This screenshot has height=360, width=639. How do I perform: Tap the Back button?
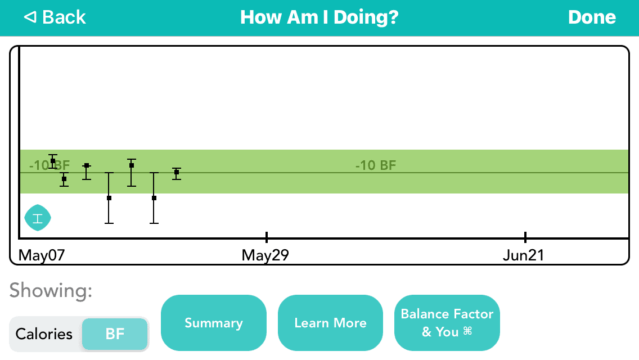(x=55, y=17)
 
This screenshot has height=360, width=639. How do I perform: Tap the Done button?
(x=592, y=17)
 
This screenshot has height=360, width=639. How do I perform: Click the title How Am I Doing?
(x=319, y=17)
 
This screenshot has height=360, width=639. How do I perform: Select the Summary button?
(x=214, y=323)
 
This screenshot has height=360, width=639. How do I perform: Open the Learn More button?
(x=331, y=323)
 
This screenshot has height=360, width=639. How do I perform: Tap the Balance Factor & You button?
(x=447, y=323)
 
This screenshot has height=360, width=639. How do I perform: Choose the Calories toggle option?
(x=44, y=334)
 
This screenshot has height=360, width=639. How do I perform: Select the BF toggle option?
(x=115, y=334)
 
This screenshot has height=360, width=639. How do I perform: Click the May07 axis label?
(x=42, y=255)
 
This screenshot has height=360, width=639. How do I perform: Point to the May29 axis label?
(x=265, y=255)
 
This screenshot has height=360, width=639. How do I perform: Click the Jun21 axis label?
(x=523, y=255)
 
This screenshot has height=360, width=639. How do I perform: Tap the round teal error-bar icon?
(x=38, y=218)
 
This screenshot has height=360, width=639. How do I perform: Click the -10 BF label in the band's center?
(x=376, y=165)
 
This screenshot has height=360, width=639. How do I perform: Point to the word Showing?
(x=51, y=290)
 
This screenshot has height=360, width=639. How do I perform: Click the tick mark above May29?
(x=267, y=236)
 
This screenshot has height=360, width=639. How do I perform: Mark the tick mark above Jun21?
(x=525, y=236)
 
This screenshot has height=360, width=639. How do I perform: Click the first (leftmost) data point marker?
(x=53, y=161)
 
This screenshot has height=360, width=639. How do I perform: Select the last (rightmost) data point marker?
(x=177, y=172)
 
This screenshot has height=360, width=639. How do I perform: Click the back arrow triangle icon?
(x=30, y=17)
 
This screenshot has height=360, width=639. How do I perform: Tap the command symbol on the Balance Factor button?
(x=468, y=331)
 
